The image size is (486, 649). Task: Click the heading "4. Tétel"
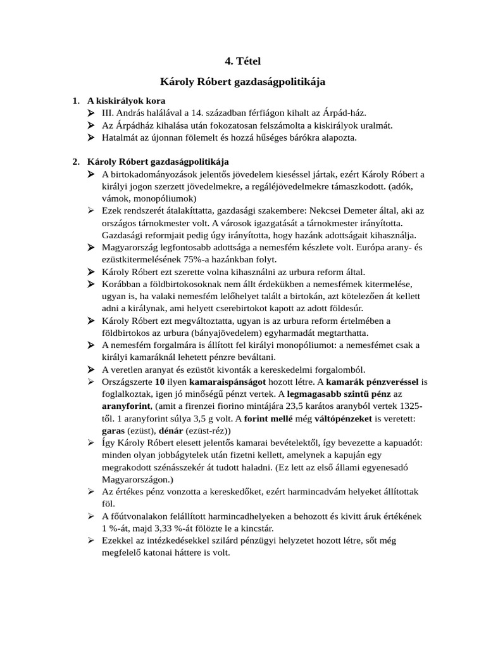tap(243, 61)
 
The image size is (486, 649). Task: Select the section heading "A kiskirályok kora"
tap(126, 101)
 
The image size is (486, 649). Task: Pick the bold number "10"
tap(160, 382)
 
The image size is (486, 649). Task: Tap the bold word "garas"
tap(114, 430)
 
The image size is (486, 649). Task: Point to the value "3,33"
tap(160, 528)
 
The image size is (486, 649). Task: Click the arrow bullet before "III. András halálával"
tap(91, 113)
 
